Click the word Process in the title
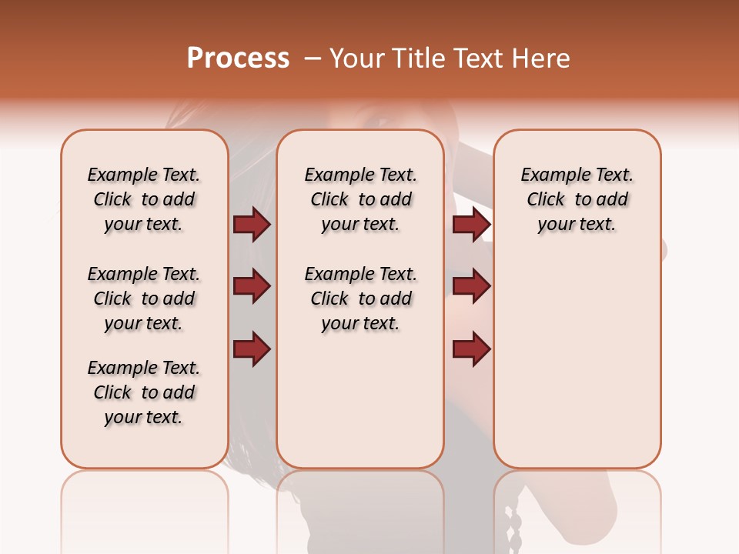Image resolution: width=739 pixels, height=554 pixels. click(238, 58)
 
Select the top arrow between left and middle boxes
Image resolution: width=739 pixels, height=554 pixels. click(252, 225)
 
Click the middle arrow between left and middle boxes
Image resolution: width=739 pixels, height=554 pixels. click(252, 287)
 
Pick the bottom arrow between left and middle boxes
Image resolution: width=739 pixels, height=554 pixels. click(252, 349)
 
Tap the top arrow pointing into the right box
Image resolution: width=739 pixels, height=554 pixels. click(471, 225)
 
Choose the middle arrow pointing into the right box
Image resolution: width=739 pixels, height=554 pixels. click(471, 287)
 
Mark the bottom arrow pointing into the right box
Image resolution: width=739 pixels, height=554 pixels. click(471, 349)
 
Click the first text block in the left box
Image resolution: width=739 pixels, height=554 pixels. click(144, 199)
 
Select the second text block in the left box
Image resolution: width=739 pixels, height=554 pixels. click(144, 299)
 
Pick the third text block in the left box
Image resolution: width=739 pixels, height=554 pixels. click(144, 392)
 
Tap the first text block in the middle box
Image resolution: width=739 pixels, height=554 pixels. click(360, 199)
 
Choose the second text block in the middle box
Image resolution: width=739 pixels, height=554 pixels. click(360, 299)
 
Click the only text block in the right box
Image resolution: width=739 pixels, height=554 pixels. click(577, 199)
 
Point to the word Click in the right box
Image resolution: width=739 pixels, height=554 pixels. click(546, 200)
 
